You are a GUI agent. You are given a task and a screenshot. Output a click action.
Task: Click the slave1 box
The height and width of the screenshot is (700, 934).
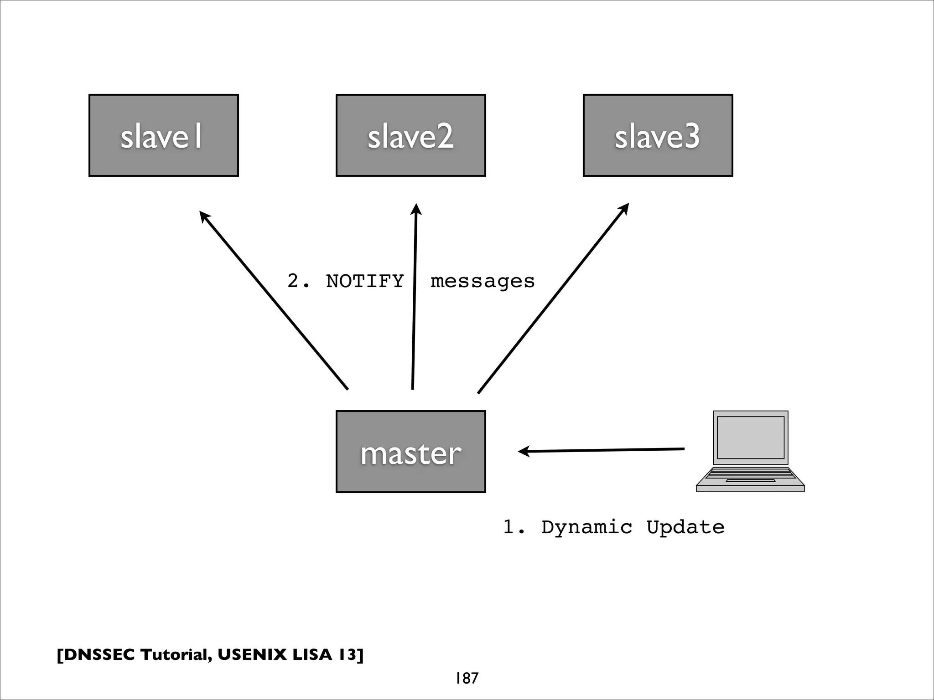point(163,135)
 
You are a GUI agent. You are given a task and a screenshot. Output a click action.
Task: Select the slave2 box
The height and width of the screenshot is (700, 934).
point(410,135)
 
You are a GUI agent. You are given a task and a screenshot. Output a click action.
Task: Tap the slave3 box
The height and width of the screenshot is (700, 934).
point(658,135)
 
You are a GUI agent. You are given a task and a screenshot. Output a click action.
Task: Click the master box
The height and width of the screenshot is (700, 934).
point(410,452)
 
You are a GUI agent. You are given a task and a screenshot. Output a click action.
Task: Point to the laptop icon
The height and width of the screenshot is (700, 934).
point(750,451)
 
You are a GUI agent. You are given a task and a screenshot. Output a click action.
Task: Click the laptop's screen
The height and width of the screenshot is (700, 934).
point(750,437)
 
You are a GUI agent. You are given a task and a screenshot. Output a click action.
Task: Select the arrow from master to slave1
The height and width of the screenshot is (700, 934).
point(274,301)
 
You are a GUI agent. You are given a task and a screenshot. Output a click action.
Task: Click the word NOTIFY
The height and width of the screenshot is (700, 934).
point(365,281)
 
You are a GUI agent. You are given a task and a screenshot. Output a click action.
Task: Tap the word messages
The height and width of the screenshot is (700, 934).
point(482,282)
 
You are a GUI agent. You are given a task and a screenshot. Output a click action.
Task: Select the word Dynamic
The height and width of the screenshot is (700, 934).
point(587,528)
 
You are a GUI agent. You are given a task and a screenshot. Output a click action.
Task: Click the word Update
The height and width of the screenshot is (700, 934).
point(685,528)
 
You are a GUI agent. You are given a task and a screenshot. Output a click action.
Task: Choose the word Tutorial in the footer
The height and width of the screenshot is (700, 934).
point(176,655)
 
